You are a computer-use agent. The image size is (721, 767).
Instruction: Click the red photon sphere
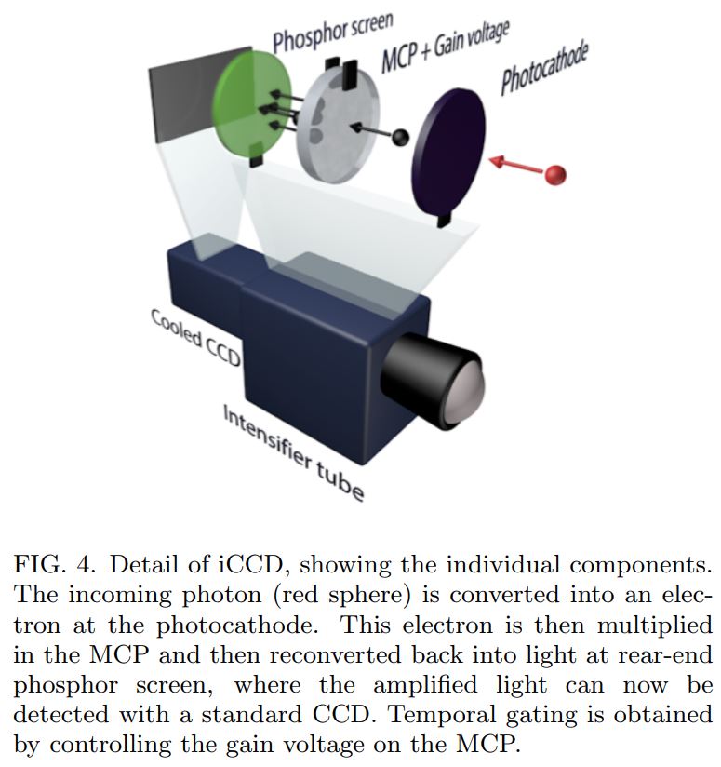pyautogui.click(x=555, y=174)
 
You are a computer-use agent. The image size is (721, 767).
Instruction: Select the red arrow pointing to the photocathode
pyautogui.click(x=516, y=165)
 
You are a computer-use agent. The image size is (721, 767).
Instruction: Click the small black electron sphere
pyautogui.click(x=401, y=138)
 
